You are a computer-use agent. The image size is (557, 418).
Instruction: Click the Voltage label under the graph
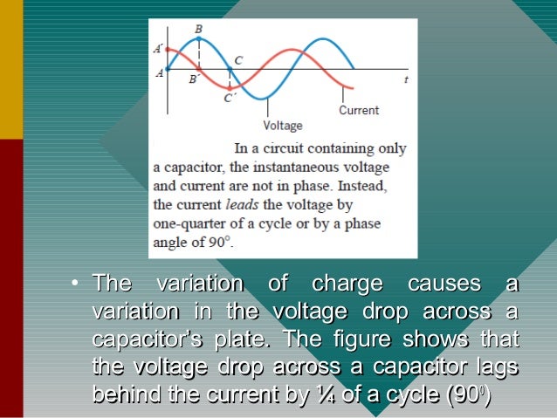pos(282,126)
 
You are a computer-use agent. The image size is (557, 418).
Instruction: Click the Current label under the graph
pos(359,111)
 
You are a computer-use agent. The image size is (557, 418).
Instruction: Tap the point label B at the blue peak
pos(198,29)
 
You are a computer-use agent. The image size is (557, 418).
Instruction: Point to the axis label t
pos(406,79)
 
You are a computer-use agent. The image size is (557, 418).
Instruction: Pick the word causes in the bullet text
pos(444,284)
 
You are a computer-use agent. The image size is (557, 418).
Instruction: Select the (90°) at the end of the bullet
pos(468,394)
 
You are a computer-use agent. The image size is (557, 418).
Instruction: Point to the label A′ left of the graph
pos(159,49)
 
